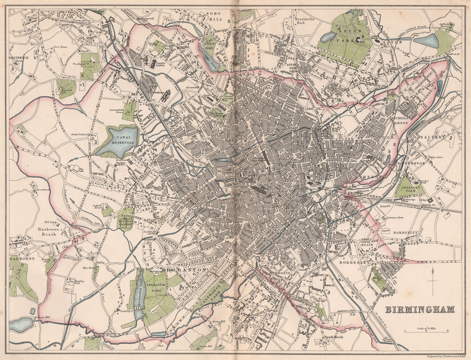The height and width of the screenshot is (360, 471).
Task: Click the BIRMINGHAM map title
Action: pyautogui.click(x=420, y=310)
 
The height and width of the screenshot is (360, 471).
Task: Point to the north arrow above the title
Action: pyautogui.click(x=432, y=281)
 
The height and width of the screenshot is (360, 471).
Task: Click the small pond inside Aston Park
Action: pyautogui.click(x=328, y=37)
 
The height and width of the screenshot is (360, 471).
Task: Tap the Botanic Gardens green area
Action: pyautogui.click(x=125, y=218)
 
